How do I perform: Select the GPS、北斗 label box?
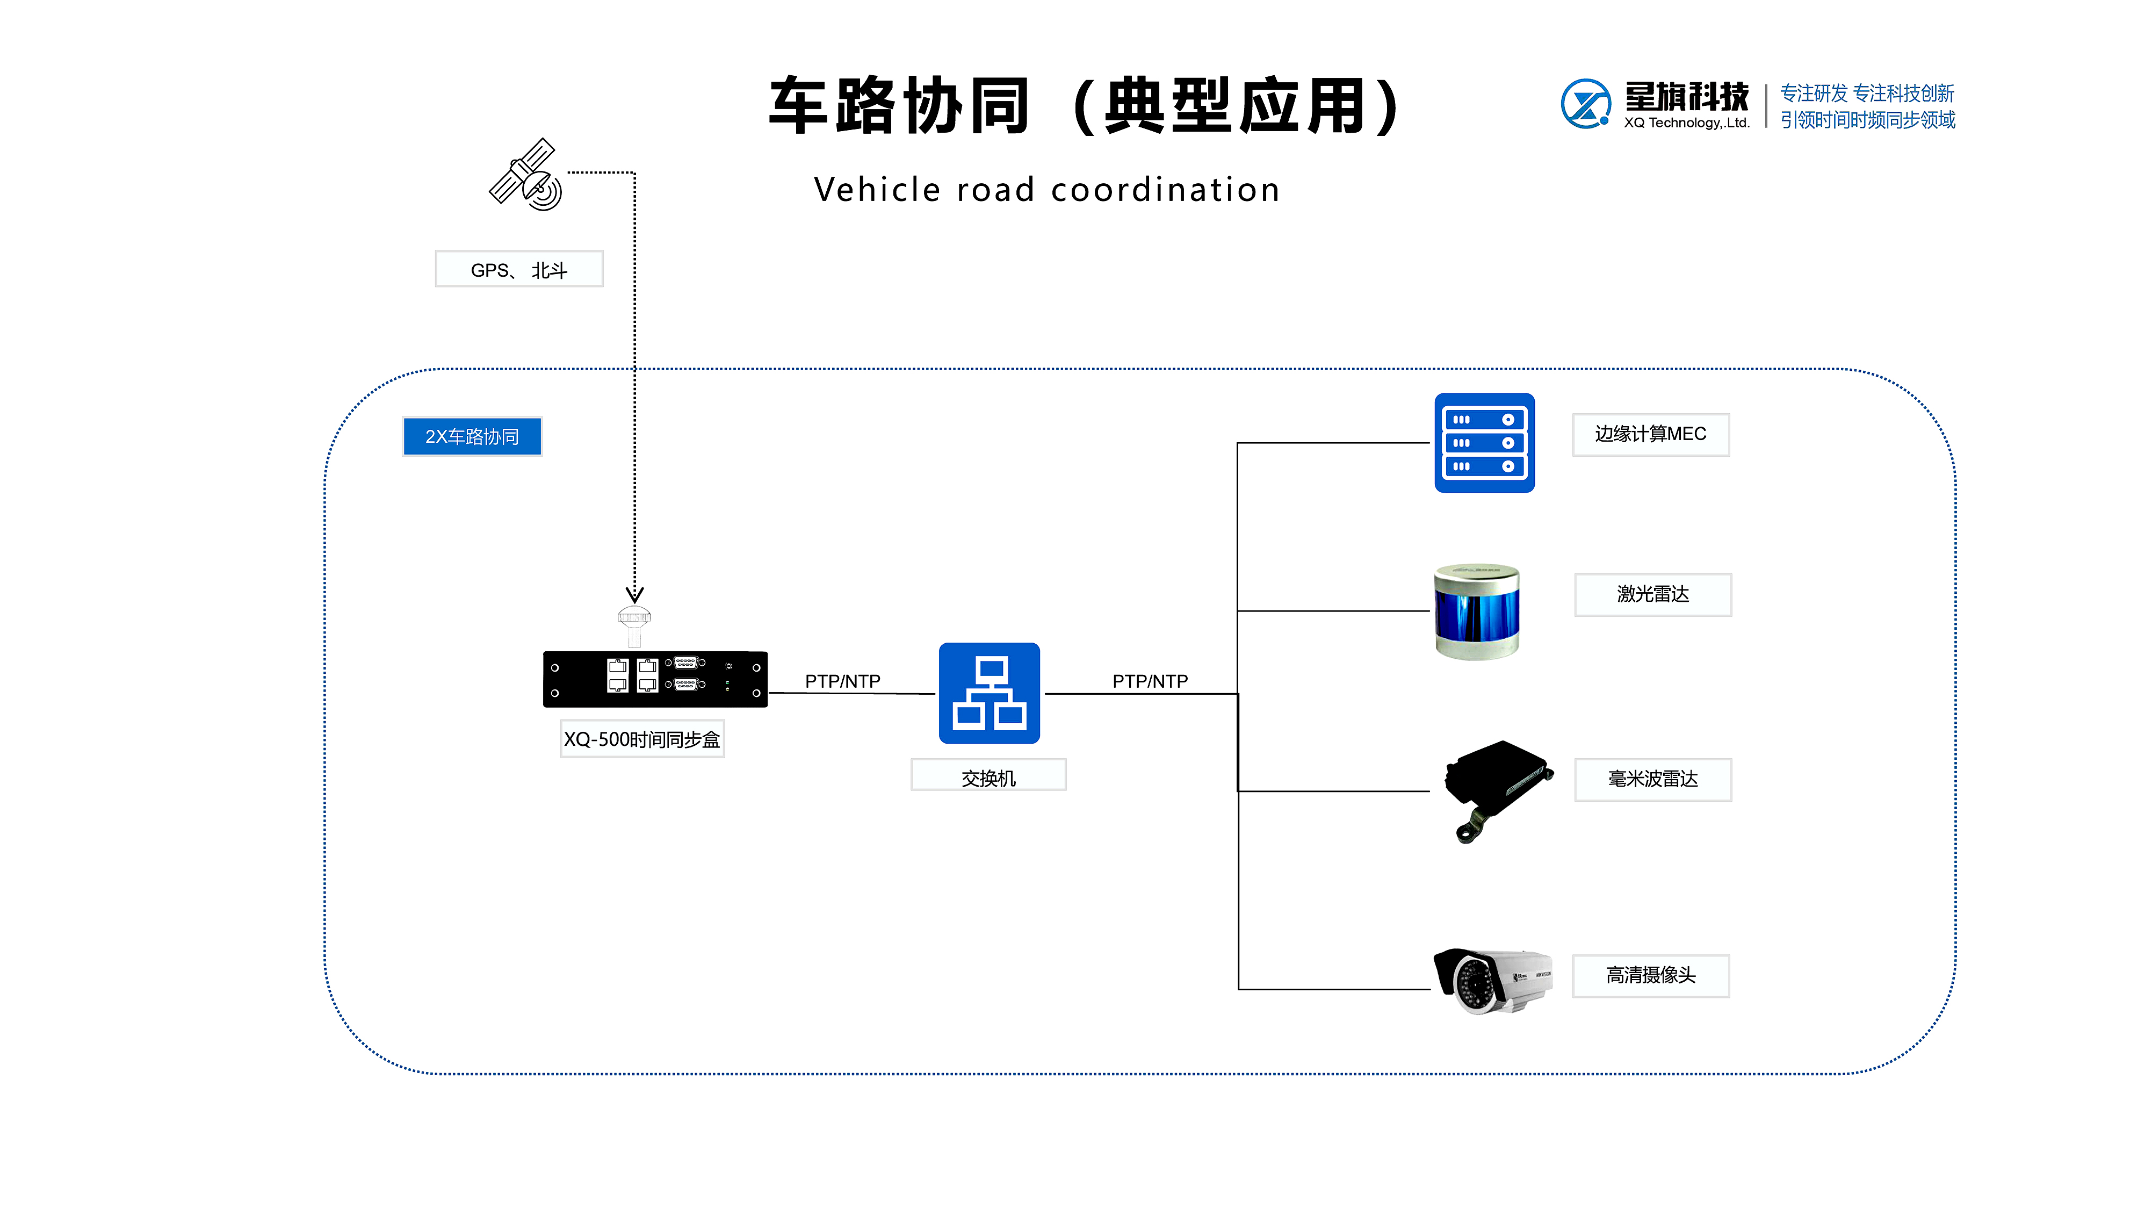point(519,269)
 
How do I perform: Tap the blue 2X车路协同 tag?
point(472,436)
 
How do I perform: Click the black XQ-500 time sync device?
point(655,679)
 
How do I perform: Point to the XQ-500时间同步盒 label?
point(641,739)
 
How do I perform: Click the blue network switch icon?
point(989,693)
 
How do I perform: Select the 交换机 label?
point(988,776)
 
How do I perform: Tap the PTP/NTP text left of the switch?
point(842,681)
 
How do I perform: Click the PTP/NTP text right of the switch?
point(1150,681)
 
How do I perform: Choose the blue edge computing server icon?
point(1484,443)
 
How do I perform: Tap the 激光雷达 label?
point(1652,594)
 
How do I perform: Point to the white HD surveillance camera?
point(1493,979)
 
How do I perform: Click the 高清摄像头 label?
point(1650,975)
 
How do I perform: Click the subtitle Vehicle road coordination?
point(1047,190)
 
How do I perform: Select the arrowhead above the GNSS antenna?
point(635,594)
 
